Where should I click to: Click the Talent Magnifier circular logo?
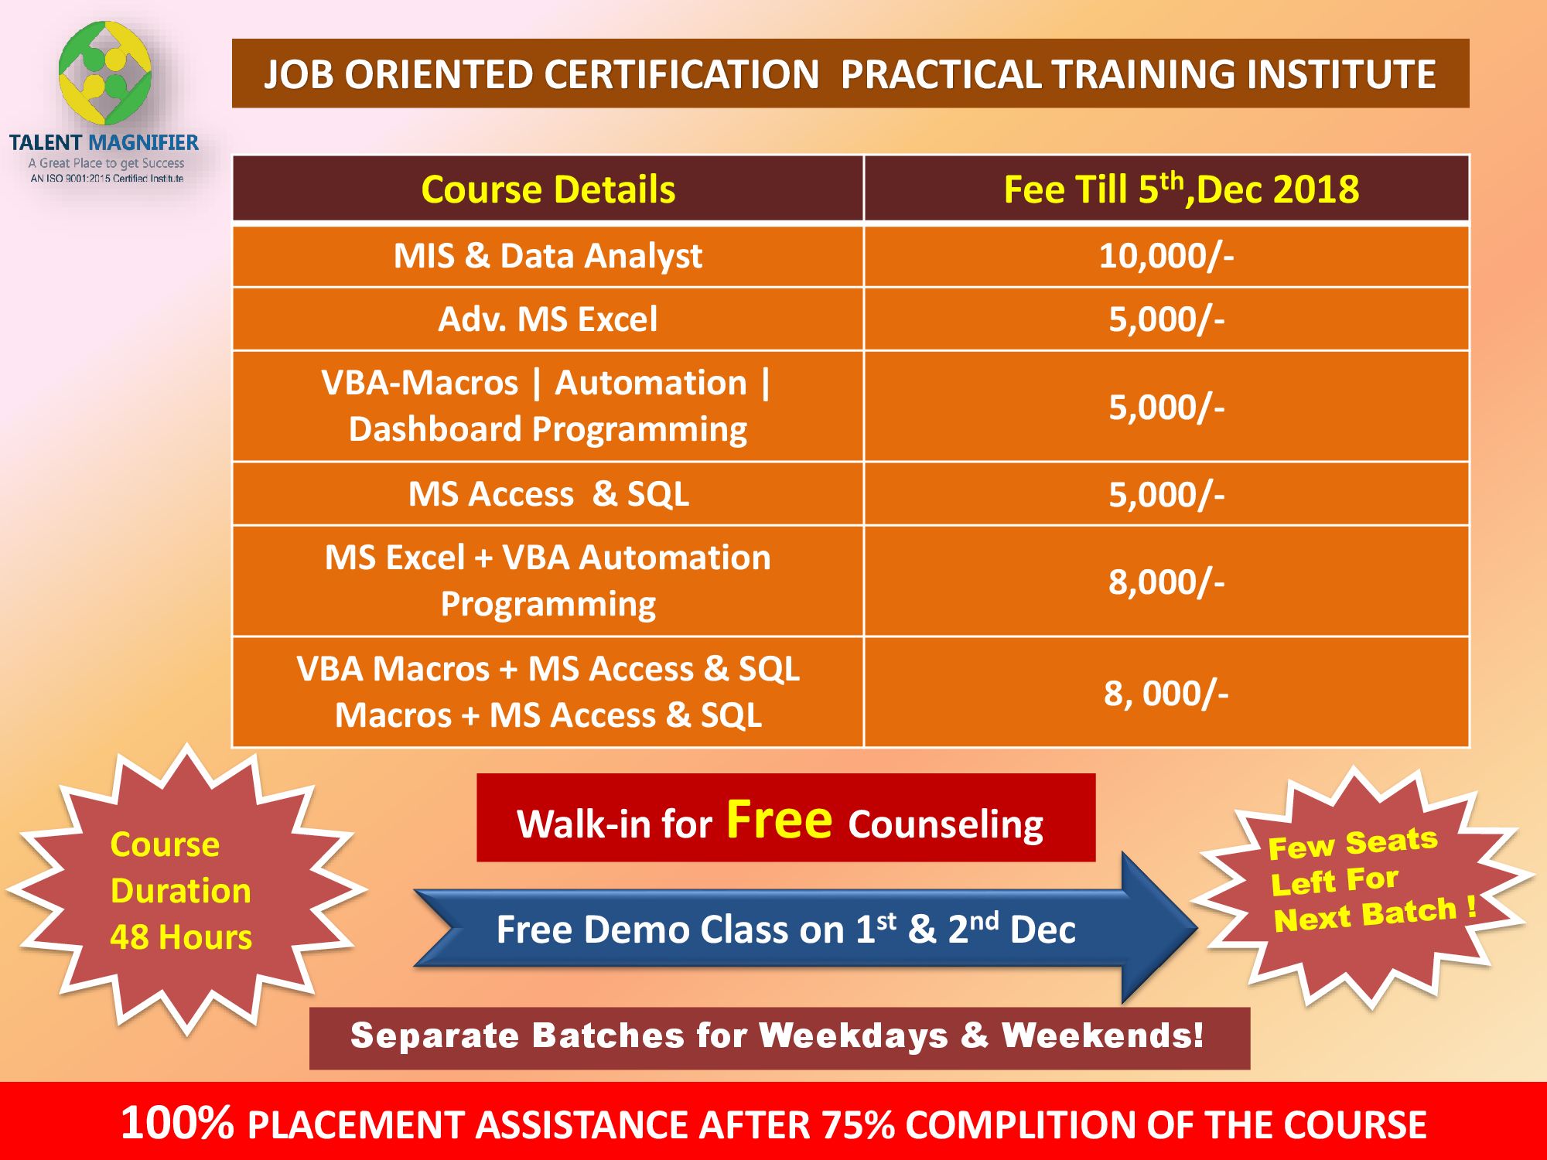click(105, 73)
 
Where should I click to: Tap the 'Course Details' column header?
click(548, 189)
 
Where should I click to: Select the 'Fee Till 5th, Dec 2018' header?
click(1181, 189)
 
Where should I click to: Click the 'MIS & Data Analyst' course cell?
click(548, 256)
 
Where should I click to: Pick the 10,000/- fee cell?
click(1166, 256)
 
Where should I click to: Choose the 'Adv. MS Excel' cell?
click(548, 319)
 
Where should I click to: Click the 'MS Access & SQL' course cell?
click(548, 494)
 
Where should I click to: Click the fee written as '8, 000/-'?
click(1166, 694)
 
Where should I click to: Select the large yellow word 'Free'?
click(779, 819)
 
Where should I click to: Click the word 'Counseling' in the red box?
click(945, 825)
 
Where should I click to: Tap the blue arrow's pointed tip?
click(1196, 927)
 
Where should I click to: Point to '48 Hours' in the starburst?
click(181, 937)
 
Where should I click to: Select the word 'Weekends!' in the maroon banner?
click(1102, 1036)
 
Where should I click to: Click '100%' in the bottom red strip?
click(177, 1123)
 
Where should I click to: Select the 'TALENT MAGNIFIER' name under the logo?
click(104, 142)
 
